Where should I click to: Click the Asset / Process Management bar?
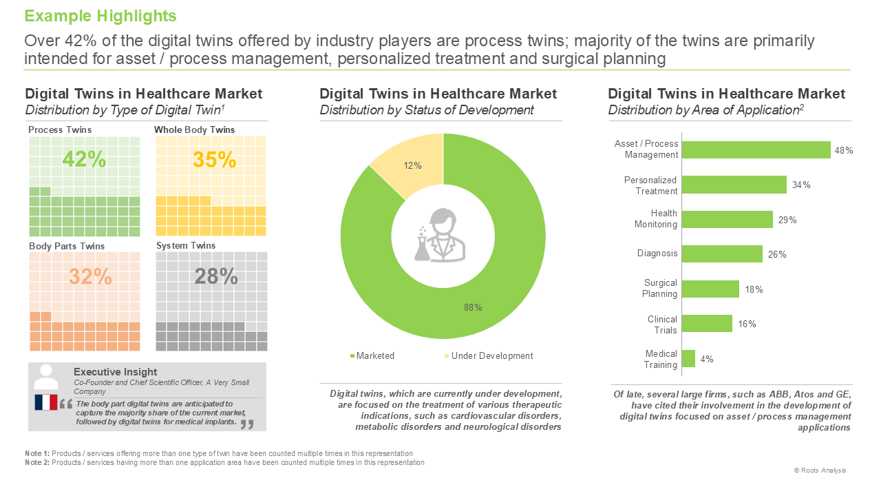click(756, 150)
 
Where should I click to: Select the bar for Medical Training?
click(688, 359)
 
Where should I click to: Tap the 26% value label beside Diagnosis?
click(777, 255)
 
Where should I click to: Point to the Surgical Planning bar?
click(710, 289)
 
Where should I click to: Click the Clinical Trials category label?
click(662, 324)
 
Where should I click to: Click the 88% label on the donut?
click(473, 307)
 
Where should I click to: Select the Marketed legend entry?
click(372, 356)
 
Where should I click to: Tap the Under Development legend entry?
click(489, 356)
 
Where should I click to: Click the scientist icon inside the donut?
click(440, 236)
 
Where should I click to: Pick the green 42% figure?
click(84, 159)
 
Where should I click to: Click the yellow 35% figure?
click(214, 160)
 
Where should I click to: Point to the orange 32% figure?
click(90, 276)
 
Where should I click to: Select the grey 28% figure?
click(216, 276)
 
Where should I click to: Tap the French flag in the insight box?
click(46, 402)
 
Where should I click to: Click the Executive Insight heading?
click(115, 371)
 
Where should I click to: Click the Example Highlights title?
click(100, 16)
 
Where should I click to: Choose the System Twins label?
click(186, 246)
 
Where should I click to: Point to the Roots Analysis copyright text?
click(820, 471)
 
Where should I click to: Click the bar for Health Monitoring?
click(728, 219)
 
